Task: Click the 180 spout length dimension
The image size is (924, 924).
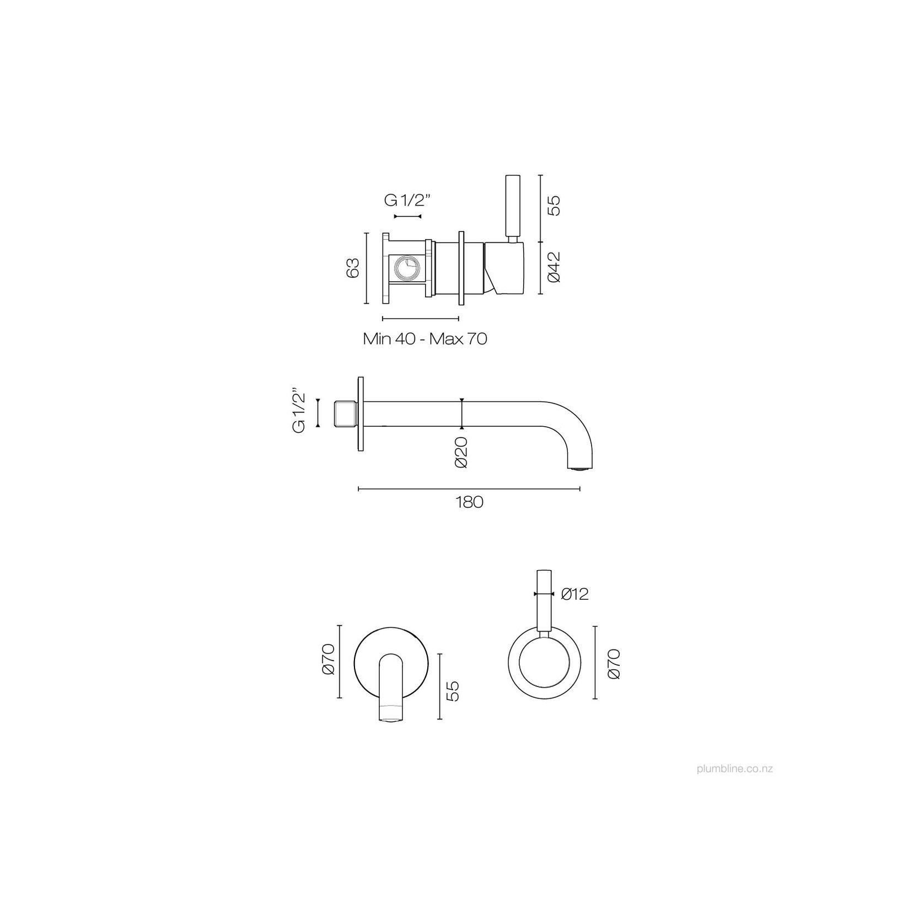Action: point(469,502)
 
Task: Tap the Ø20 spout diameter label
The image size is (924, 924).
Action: point(461,452)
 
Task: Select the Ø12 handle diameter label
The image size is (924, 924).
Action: point(575,594)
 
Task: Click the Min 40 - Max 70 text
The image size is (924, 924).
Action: point(425,339)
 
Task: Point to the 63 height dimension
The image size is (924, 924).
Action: point(353,268)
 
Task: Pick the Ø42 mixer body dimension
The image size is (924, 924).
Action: point(554,267)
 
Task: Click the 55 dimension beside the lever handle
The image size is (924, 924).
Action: point(554,205)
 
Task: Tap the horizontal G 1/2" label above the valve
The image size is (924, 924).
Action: point(407,201)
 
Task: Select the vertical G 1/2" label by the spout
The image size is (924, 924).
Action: point(299,412)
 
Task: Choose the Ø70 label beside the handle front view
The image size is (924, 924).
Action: point(614,664)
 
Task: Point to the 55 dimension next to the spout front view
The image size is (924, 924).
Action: point(452,691)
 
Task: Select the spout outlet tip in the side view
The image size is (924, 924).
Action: point(579,468)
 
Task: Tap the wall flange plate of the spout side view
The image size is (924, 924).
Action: point(361,414)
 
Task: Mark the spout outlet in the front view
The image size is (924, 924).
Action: point(391,718)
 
